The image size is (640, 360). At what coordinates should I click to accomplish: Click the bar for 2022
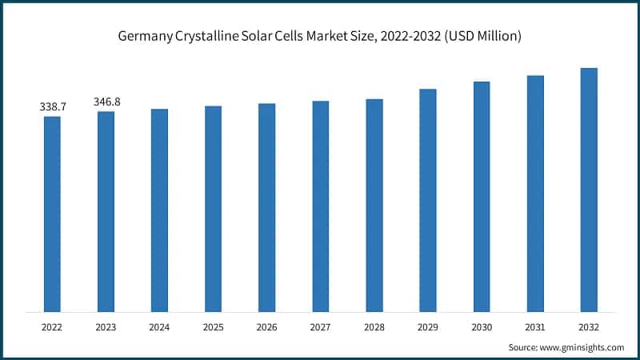click(52, 214)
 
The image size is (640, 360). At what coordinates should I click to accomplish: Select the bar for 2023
click(106, 211)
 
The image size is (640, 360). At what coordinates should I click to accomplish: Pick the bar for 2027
click(320, 206)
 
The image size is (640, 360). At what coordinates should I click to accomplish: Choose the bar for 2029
click(428, 200)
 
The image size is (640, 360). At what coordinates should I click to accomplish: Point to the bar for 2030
click(482, 196)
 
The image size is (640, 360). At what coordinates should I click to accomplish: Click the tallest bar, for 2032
click(589, 190)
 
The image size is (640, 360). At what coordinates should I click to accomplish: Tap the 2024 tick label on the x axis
click(159, 327)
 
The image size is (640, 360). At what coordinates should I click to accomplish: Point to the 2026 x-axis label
click(266, 327)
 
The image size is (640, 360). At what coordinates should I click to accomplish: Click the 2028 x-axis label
click(374, 327)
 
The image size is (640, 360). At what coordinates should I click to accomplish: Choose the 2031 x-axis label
click(535, 327)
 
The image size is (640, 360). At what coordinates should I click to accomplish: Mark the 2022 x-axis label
click(52, 327)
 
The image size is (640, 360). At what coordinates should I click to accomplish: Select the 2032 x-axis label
click(589, 327)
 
